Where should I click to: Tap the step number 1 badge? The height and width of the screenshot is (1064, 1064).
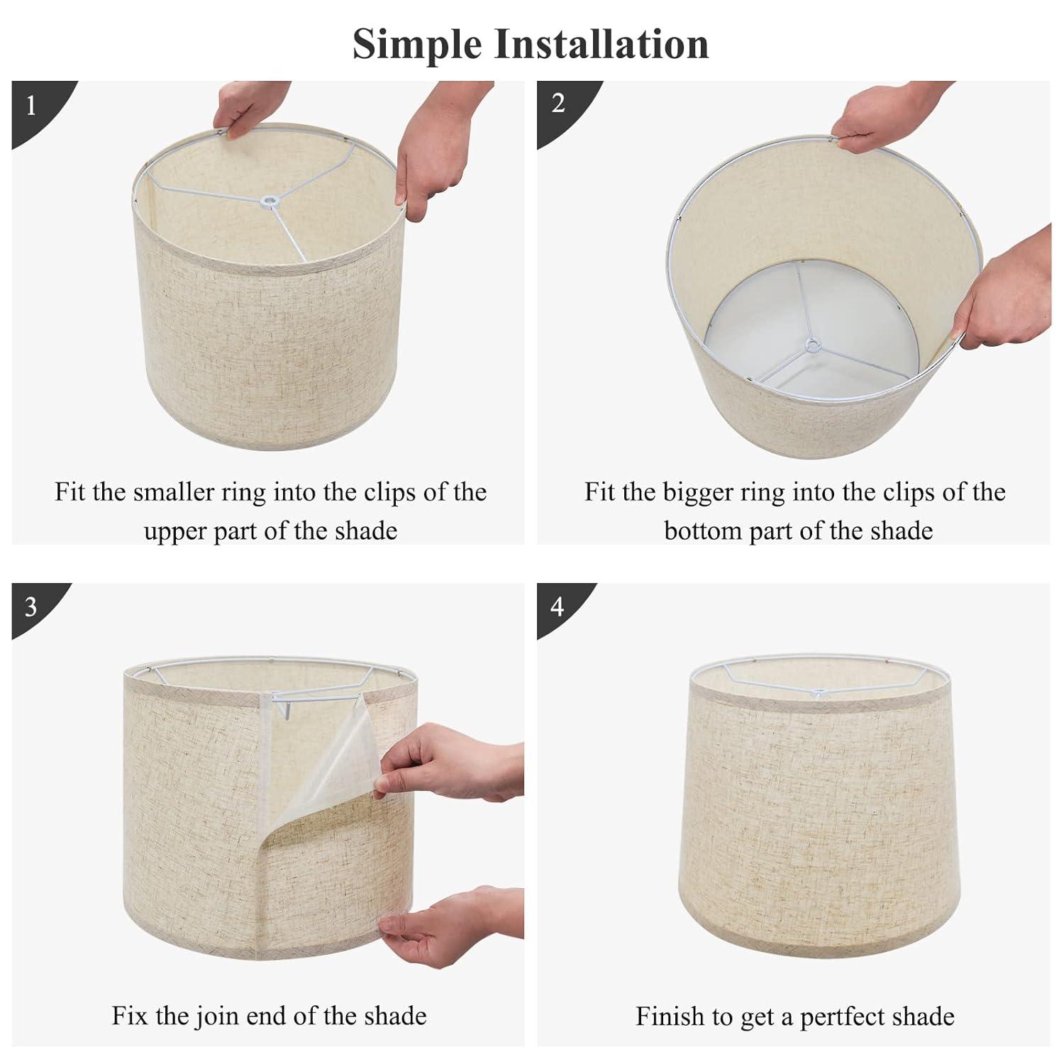[31, 106]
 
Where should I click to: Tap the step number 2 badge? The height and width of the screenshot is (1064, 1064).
[558, 104]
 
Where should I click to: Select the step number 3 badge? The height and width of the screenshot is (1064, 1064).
[31, 607]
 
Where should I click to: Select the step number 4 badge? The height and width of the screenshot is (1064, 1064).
[558, 607]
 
